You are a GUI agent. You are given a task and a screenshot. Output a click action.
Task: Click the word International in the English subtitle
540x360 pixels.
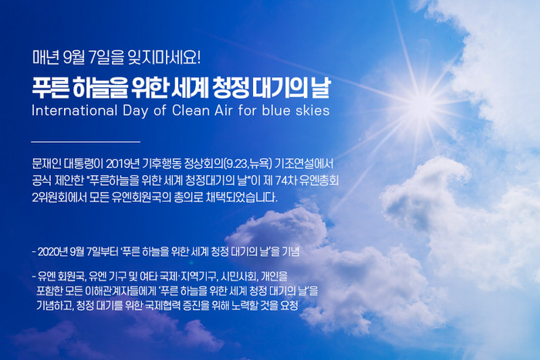pos(74,110)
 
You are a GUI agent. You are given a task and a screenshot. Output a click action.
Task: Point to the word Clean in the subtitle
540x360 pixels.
pos(191,110)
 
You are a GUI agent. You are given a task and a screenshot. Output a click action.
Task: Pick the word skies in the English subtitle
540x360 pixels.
pos(312,110)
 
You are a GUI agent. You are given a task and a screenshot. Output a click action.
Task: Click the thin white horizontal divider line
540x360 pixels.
pos(86,141)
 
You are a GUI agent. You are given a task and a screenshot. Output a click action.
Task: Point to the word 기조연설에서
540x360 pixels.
pos(305,163)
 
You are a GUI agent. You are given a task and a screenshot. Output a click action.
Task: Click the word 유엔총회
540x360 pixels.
pos(319,180)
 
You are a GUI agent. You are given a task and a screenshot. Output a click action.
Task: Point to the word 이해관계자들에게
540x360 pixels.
pos(122,291)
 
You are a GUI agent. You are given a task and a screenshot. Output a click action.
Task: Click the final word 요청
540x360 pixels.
pos(289,305)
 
